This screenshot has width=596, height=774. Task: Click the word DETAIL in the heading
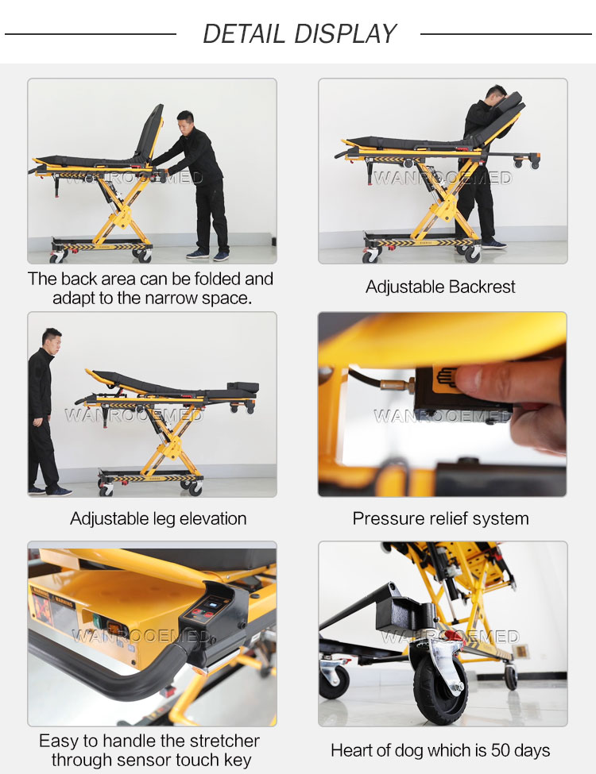(x=243, y=34)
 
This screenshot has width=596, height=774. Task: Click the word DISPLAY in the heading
(x=345, y=34)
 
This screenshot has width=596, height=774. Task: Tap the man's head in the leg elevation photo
(x=52, y=340)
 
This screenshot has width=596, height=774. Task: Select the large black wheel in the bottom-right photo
(x=439, y=682)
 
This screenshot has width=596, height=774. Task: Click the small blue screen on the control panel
(x=214, y=603)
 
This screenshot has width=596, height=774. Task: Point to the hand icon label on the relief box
(x=445, y=376)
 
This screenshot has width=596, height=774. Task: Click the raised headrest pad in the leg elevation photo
(x=242, y=387)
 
